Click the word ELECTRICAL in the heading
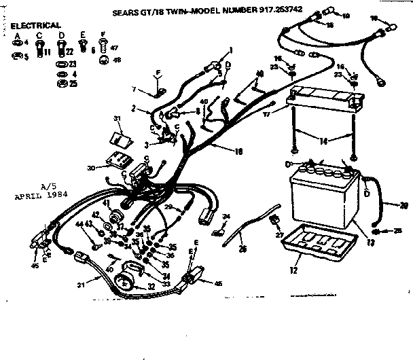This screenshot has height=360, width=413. (x=35, y=25)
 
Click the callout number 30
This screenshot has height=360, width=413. (x=91, y=168)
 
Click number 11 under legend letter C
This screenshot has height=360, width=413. (x=47, y=50)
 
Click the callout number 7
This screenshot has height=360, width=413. (x=134, y=89)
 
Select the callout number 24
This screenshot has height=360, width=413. (x=226, y=216)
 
